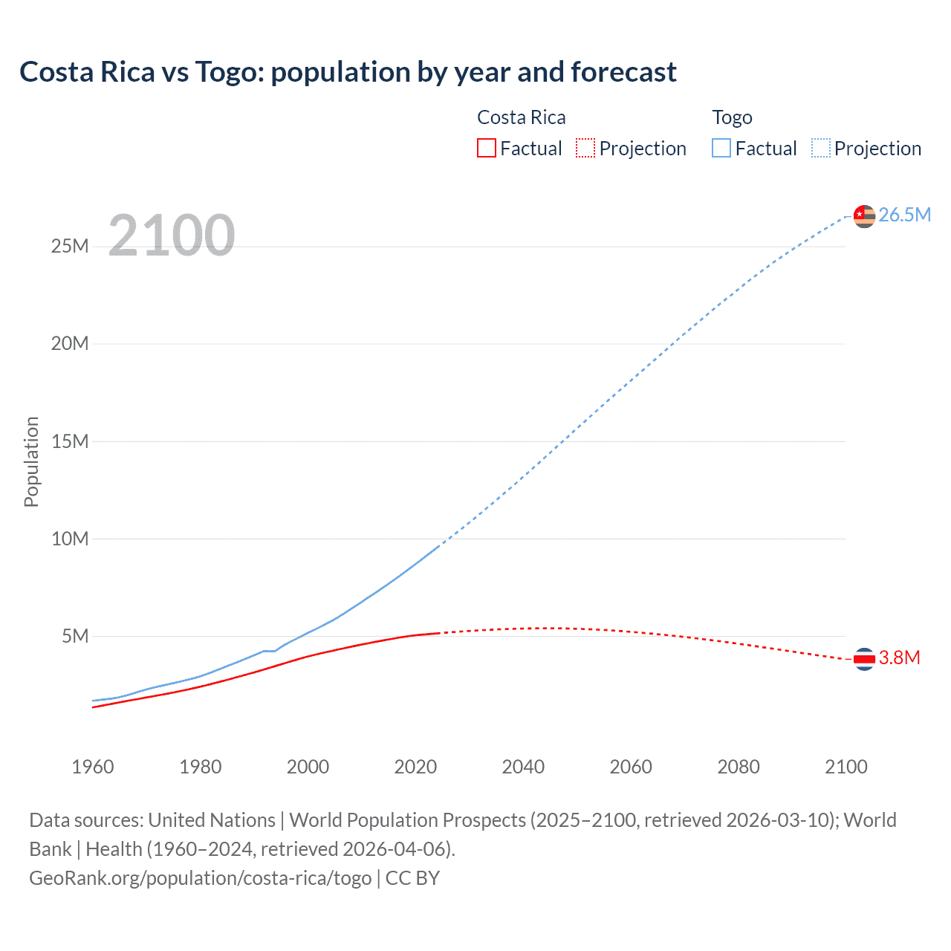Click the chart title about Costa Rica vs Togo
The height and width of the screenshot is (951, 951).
tap(348, 72)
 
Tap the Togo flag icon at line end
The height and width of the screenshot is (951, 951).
tap(864, 215)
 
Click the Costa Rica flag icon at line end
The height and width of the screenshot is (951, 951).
tap(864, 658)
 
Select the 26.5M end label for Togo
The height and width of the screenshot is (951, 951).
tap(904, 215)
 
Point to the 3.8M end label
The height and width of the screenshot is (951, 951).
tap(899, 658)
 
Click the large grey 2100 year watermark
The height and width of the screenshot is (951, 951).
tap(172, 236)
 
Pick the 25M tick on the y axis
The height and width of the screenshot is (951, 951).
tap(70, 246)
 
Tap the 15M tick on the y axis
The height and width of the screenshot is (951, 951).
tap(70, 441)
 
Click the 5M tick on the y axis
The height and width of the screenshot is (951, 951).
tap(75, 636)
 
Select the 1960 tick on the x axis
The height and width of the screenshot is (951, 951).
tap(93, 767)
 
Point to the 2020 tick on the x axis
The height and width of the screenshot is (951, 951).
tap(415, 767)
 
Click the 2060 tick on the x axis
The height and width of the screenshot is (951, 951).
tap(631, 767)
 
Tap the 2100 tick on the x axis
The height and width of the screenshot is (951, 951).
tap(845, 767)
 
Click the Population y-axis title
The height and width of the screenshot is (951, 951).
tap(31, 461)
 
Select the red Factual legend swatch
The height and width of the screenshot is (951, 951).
tap(486, 148)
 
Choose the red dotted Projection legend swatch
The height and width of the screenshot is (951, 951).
tap(585, 148)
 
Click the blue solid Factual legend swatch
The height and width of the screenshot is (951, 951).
tap(721, 148)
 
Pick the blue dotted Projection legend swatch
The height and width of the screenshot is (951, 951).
tap(820, 148)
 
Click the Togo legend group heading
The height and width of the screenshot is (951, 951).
tap(732, 117)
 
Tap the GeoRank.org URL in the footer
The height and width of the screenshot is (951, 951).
tap(200, 878)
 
